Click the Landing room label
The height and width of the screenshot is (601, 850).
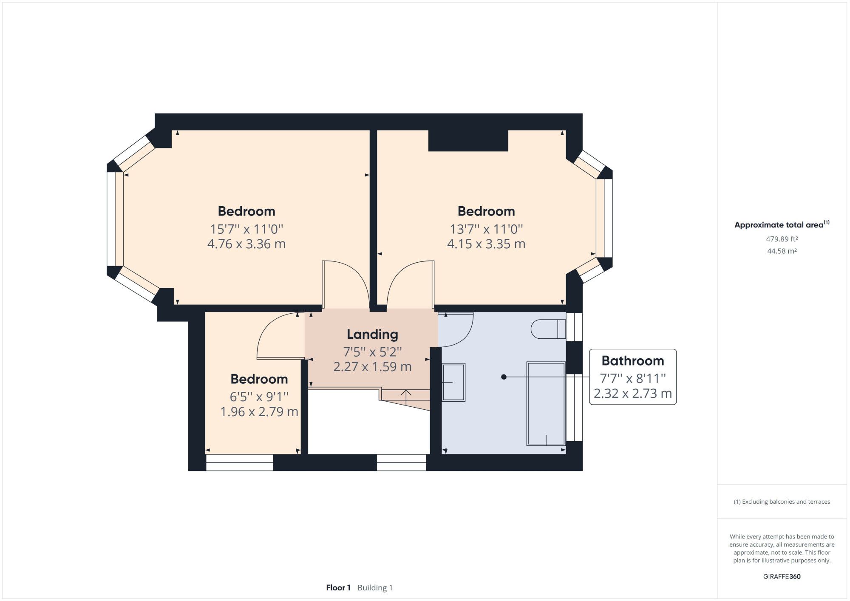[x=372, y=335]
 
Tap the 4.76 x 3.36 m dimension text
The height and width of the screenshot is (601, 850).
[x=246, y=244]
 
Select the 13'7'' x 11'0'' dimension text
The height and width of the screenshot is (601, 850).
[x=486, y=229]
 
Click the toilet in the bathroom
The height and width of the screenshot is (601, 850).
[x=548, y=329]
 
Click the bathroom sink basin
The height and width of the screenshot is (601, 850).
[x=453, y=382]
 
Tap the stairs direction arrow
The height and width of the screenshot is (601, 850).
[x=406, y=397]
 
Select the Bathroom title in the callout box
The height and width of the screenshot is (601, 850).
[x=632, y=361]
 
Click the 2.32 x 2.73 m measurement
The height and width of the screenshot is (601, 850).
[x=632, y=394]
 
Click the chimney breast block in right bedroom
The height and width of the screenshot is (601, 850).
[x=468, y=141]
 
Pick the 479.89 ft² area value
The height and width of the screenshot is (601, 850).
[x=782, y=239]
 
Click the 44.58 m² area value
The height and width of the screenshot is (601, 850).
[x=782, y=251]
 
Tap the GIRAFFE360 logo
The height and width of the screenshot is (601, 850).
[x=782, y=577]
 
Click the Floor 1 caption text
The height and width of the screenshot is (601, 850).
[x=338, y=588]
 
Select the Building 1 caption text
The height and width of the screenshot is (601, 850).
[x=375, y=588]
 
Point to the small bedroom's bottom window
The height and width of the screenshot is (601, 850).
[x=239, y=462]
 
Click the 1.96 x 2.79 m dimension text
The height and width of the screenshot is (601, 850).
[x=259, y=412]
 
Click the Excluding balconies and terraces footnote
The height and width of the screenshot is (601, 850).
[x=782, y=502]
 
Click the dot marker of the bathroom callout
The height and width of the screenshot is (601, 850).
[x=504, y=377]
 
